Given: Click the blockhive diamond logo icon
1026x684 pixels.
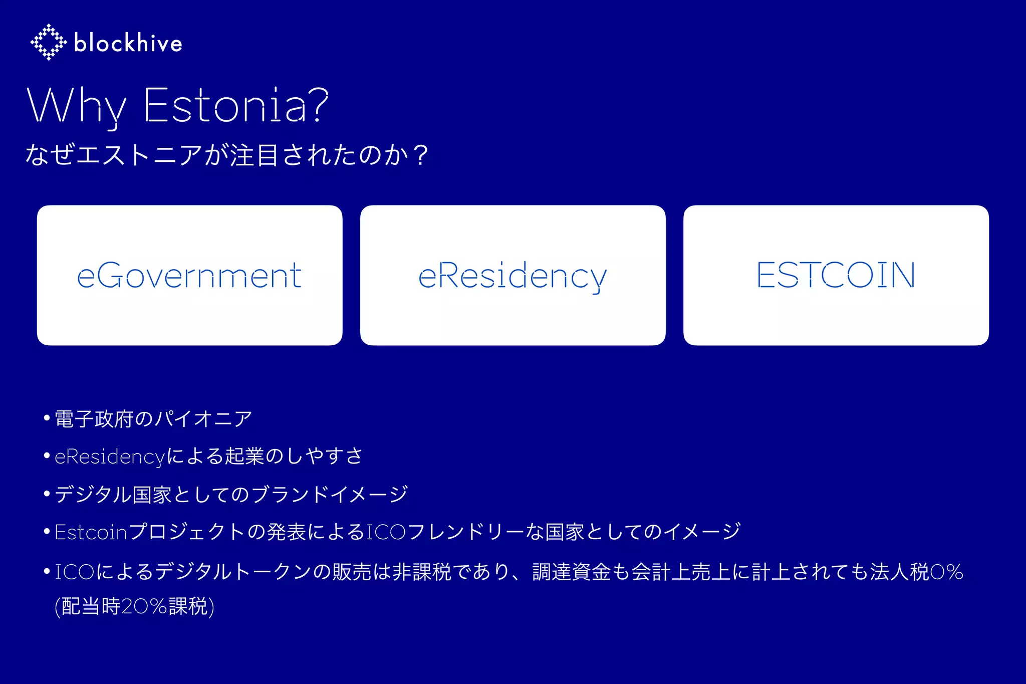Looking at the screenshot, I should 48,42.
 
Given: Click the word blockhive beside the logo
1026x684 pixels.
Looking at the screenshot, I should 128,43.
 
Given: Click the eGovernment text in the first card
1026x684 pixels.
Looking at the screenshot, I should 189,276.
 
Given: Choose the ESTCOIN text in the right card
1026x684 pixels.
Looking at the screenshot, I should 836,275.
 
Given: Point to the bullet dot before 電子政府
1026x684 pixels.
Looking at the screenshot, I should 47,417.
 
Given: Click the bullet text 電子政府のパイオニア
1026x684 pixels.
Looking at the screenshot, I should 153,419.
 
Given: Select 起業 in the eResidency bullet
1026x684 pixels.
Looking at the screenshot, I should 244,457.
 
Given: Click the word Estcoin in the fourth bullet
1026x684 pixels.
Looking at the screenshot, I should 91,532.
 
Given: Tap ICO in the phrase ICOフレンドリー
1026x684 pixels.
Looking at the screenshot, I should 386,532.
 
